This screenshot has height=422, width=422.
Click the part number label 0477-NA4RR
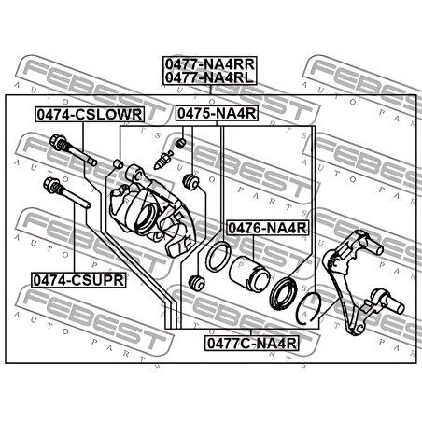pos(210,64)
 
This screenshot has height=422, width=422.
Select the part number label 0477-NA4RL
pos(209,77)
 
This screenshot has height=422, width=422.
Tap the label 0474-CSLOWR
pos(90,114)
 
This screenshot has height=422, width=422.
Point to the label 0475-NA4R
pos(217,113)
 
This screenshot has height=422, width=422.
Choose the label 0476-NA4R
pos(268,228)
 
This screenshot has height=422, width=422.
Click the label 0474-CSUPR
pos(78,280)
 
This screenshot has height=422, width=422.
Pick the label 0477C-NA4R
pos(252,344)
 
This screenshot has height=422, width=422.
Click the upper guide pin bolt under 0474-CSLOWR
pos(73,150)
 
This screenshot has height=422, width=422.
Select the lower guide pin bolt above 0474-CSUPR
pos(67,193)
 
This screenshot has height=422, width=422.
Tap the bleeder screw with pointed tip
pos(163,160)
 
